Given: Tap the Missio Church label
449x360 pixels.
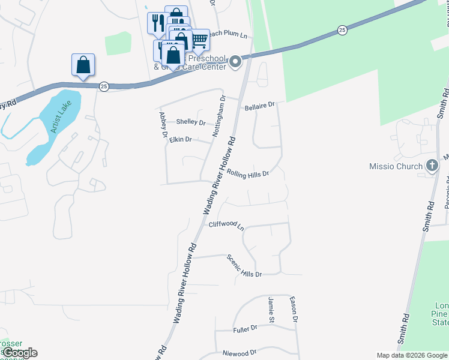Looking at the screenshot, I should pyautogui.click(x=397, y=166).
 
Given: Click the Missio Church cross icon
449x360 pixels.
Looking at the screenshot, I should pyautogui.click(x=431, y=166).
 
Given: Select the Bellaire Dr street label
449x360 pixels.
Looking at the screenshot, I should pyautogui.click(x=259, y=106).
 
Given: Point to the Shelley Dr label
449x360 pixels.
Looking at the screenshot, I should pyautogui.click(x=190, y=122).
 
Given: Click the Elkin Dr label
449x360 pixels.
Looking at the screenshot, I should pyautogui.click(x=180, y=139).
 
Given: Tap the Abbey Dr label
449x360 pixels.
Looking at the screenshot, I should pyautogui.click(x=162, y=125).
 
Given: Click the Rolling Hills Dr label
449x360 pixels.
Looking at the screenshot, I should pyautogui.click(x=247, y=173).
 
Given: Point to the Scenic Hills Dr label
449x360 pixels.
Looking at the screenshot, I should pyautogui.click(x=244, y=265).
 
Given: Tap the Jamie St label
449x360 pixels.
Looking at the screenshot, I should pyautogui.click(x=271, y=307).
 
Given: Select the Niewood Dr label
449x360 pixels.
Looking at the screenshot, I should pyautogui.click(x=240, y=352).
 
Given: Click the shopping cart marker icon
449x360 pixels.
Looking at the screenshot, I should pyautogui.click(x=200, y=40).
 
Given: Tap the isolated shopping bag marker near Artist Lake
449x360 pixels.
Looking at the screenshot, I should pyautogui.click(x=83, y=64).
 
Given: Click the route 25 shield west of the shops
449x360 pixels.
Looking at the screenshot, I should pyautogui.click(x=104, y=86).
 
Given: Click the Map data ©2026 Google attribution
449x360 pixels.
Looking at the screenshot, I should pyautogui.click(x=411, y=355).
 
